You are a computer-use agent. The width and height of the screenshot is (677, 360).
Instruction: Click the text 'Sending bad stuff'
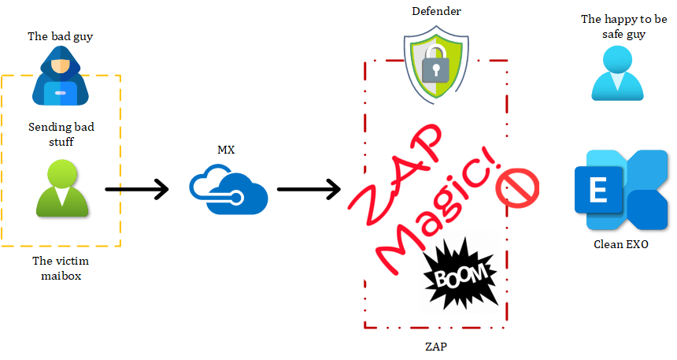coord(61,134)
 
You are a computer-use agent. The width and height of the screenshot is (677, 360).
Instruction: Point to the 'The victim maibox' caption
coord(61,268)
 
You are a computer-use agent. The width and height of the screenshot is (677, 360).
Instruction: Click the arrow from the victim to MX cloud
coord(137,189)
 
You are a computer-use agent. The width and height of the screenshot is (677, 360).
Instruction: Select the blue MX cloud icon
coord(228,187)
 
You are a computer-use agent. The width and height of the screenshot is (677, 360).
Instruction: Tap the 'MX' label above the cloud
coord(226,150)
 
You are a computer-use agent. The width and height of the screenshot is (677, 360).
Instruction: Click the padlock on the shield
coord(435,68)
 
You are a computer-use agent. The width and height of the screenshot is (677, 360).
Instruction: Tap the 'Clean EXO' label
coord(621,245)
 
